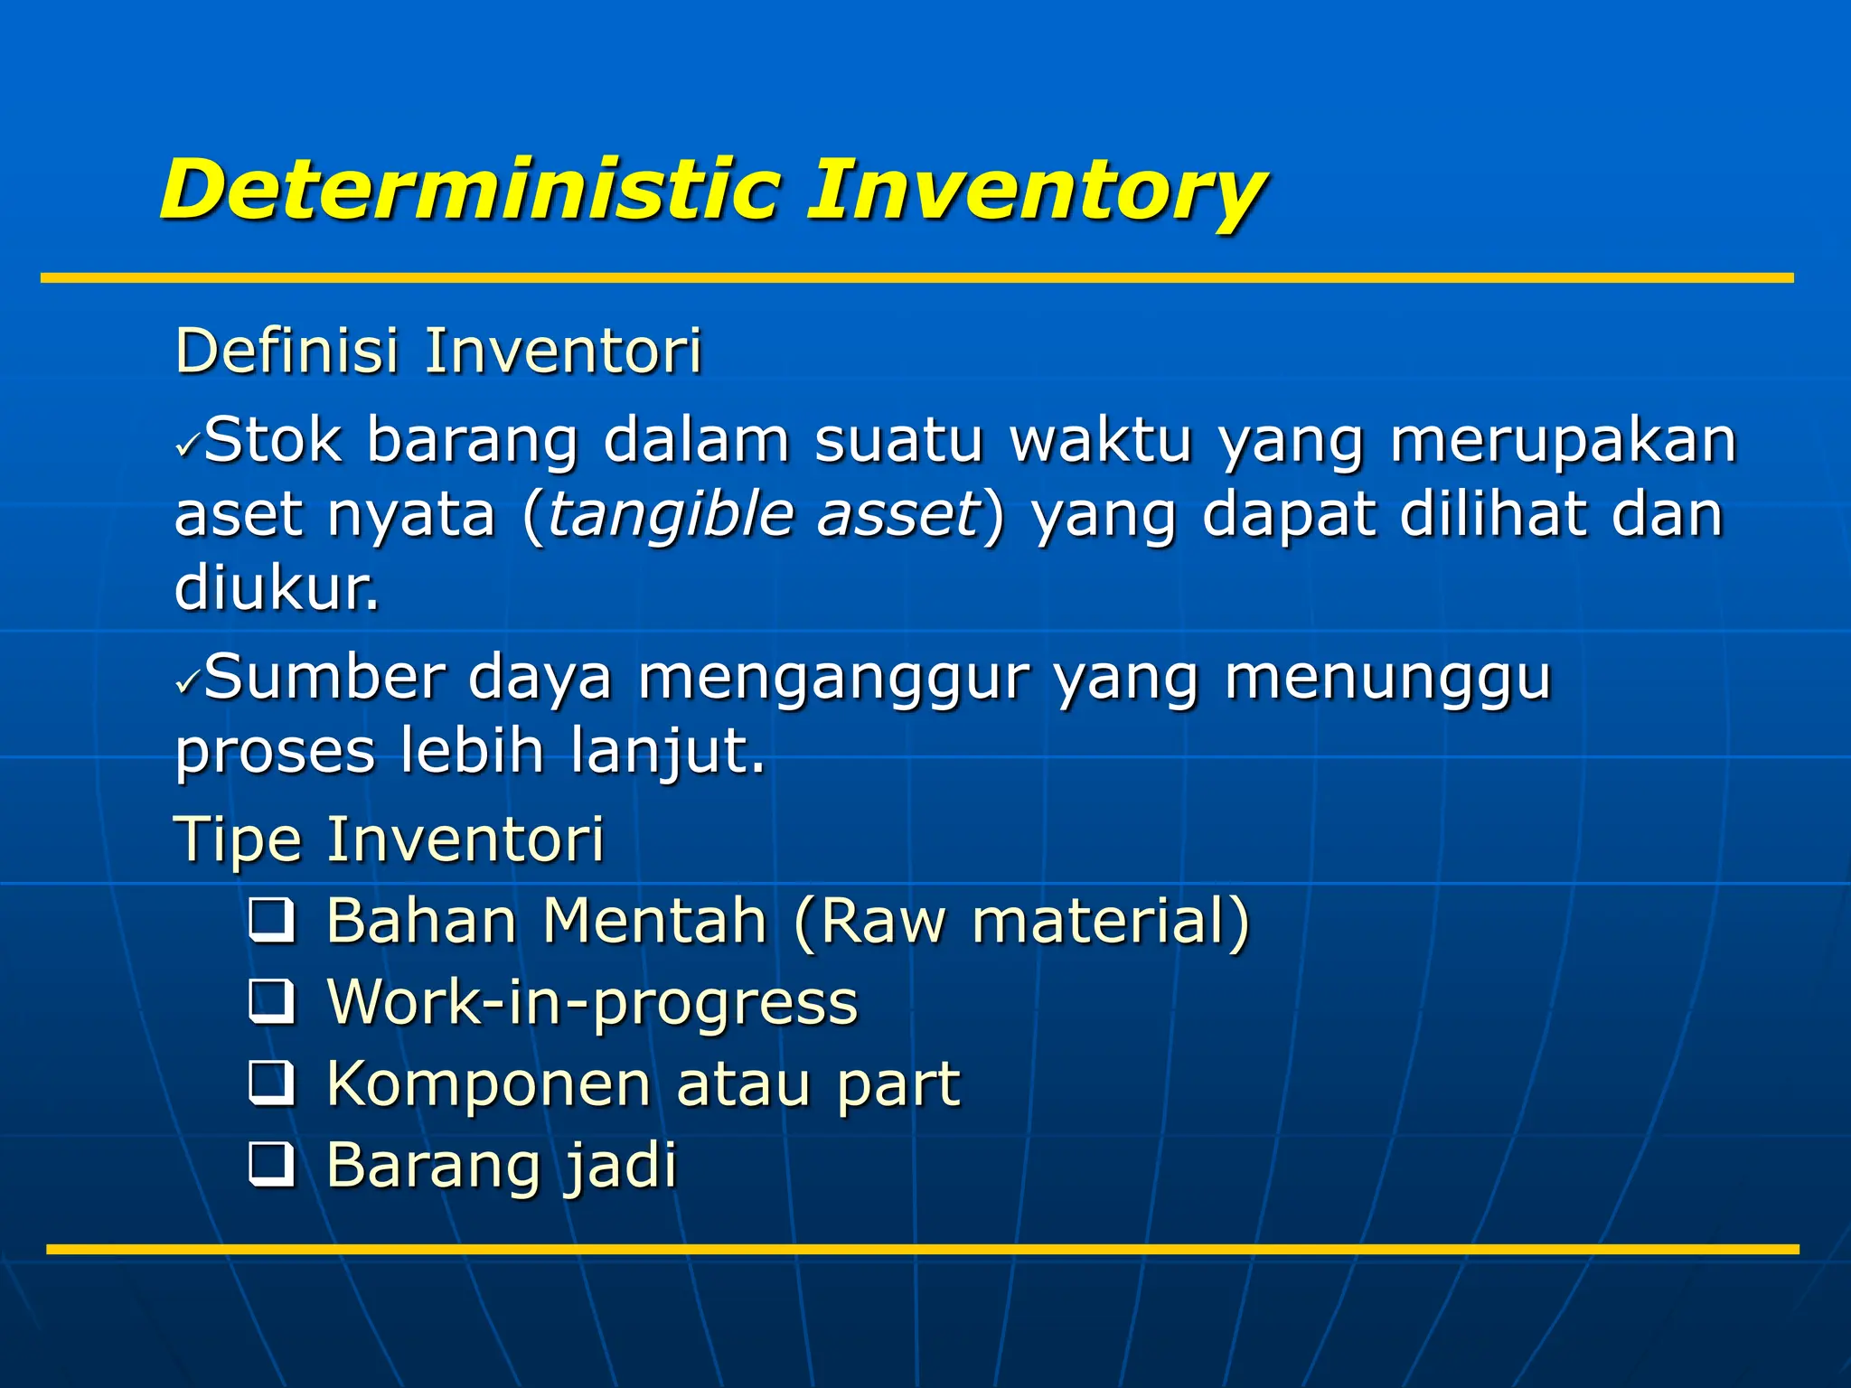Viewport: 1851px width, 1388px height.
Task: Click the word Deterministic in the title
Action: pos(470,190)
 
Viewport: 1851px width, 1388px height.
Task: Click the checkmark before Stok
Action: pos(188,445)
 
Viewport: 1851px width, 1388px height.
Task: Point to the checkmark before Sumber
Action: pos(188,681)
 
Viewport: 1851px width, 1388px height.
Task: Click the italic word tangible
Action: pos(670,515)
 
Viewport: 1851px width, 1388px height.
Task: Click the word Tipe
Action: pos(237,840)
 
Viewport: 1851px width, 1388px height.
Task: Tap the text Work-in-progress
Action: pos(592,1003)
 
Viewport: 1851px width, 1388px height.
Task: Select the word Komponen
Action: pos(488,1084)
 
